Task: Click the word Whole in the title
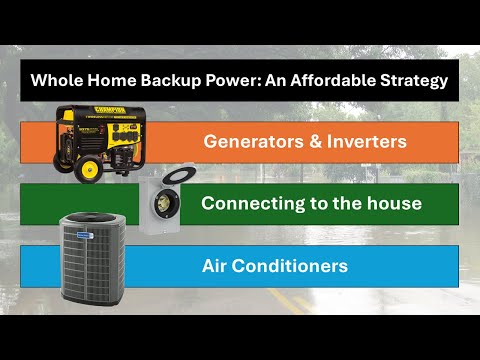56,80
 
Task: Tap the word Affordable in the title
326,80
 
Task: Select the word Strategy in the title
410,80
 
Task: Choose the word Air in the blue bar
216,266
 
